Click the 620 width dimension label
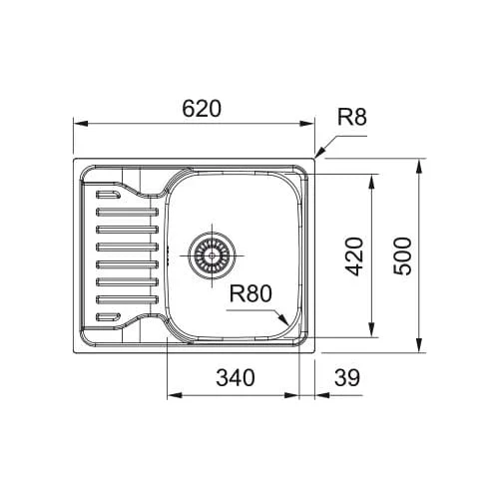(202, 109)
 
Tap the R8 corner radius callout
(352, 117)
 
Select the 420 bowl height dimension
(353, 256)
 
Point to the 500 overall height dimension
(402, 256)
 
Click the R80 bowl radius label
(250, 293)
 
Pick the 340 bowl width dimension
(236, 377)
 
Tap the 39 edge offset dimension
(347, 377)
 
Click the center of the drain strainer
(212, 255)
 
